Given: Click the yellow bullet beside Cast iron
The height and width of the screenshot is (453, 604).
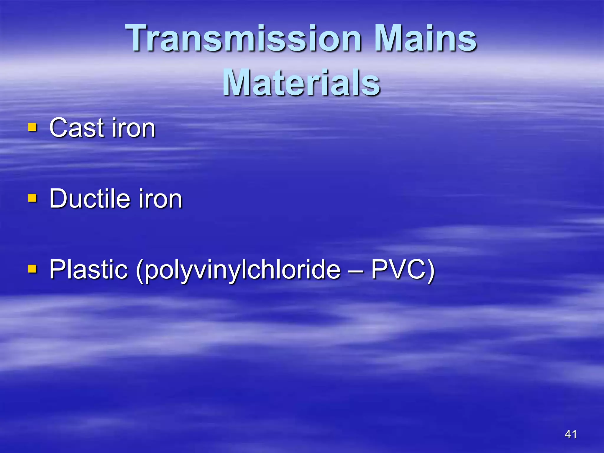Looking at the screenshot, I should tap(32, 127).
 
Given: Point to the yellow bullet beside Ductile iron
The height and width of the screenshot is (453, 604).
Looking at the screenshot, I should tap(32, 198).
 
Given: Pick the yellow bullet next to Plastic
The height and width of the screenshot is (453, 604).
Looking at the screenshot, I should tap(32, 269).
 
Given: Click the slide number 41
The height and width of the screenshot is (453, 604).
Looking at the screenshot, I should tap(570, 434).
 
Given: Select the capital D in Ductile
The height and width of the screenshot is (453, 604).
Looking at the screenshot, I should tap(59, 199).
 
